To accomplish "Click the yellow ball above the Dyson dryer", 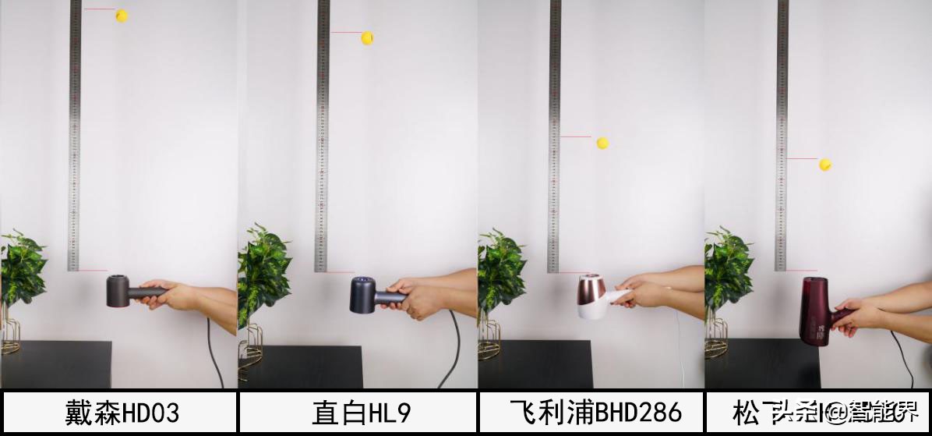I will pyautogui.click(x=122, y=16).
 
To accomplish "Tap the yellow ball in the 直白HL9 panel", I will pyautogui.click(x=367, y=37).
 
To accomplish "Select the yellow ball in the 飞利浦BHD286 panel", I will pyautogui.click(x=602, y=143).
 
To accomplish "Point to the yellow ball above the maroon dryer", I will pyautogui.click(x=825, y=165).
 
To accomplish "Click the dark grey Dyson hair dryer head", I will pyautogui.click(x=118, y=290).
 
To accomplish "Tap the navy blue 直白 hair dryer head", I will pyautogui.click(x=363, y=294).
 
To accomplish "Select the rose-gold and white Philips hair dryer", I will pyautogui.click(x=594, y=296).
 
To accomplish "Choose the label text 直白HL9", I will pyautogui.click(x=361, y=413).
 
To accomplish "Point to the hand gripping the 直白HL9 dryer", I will pyautogui.click(x=417, y=297).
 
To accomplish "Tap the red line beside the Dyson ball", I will pyautogui.click(x=99, y=9).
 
